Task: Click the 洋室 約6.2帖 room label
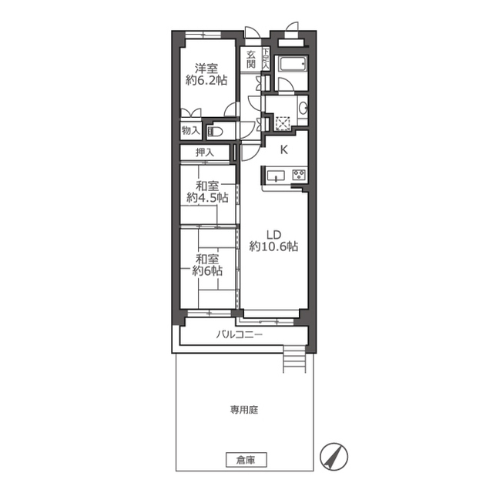pos(206,75)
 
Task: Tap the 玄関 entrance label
pos(250,59)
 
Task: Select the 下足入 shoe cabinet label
pos(266,59)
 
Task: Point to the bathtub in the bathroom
pos(292,65)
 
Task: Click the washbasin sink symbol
pos(304,109)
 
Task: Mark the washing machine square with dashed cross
pos(283,123)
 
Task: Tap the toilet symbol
pos(216,132)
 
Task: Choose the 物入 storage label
pos(190,130)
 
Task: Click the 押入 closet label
pos(205,153)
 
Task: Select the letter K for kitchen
pos(284,150)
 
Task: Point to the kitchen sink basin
pos(276,176)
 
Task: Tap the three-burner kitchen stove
pos(299,175)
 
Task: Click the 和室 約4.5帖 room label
pos(207,192)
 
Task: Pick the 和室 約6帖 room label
pos(207,265)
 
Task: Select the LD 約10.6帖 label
pos(273,241)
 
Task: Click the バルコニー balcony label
pos(239,334)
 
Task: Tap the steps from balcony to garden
pos(294,358)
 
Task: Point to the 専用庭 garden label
pos(244,410)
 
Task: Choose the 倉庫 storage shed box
pos(246,461)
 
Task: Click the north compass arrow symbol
pos(334,457)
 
